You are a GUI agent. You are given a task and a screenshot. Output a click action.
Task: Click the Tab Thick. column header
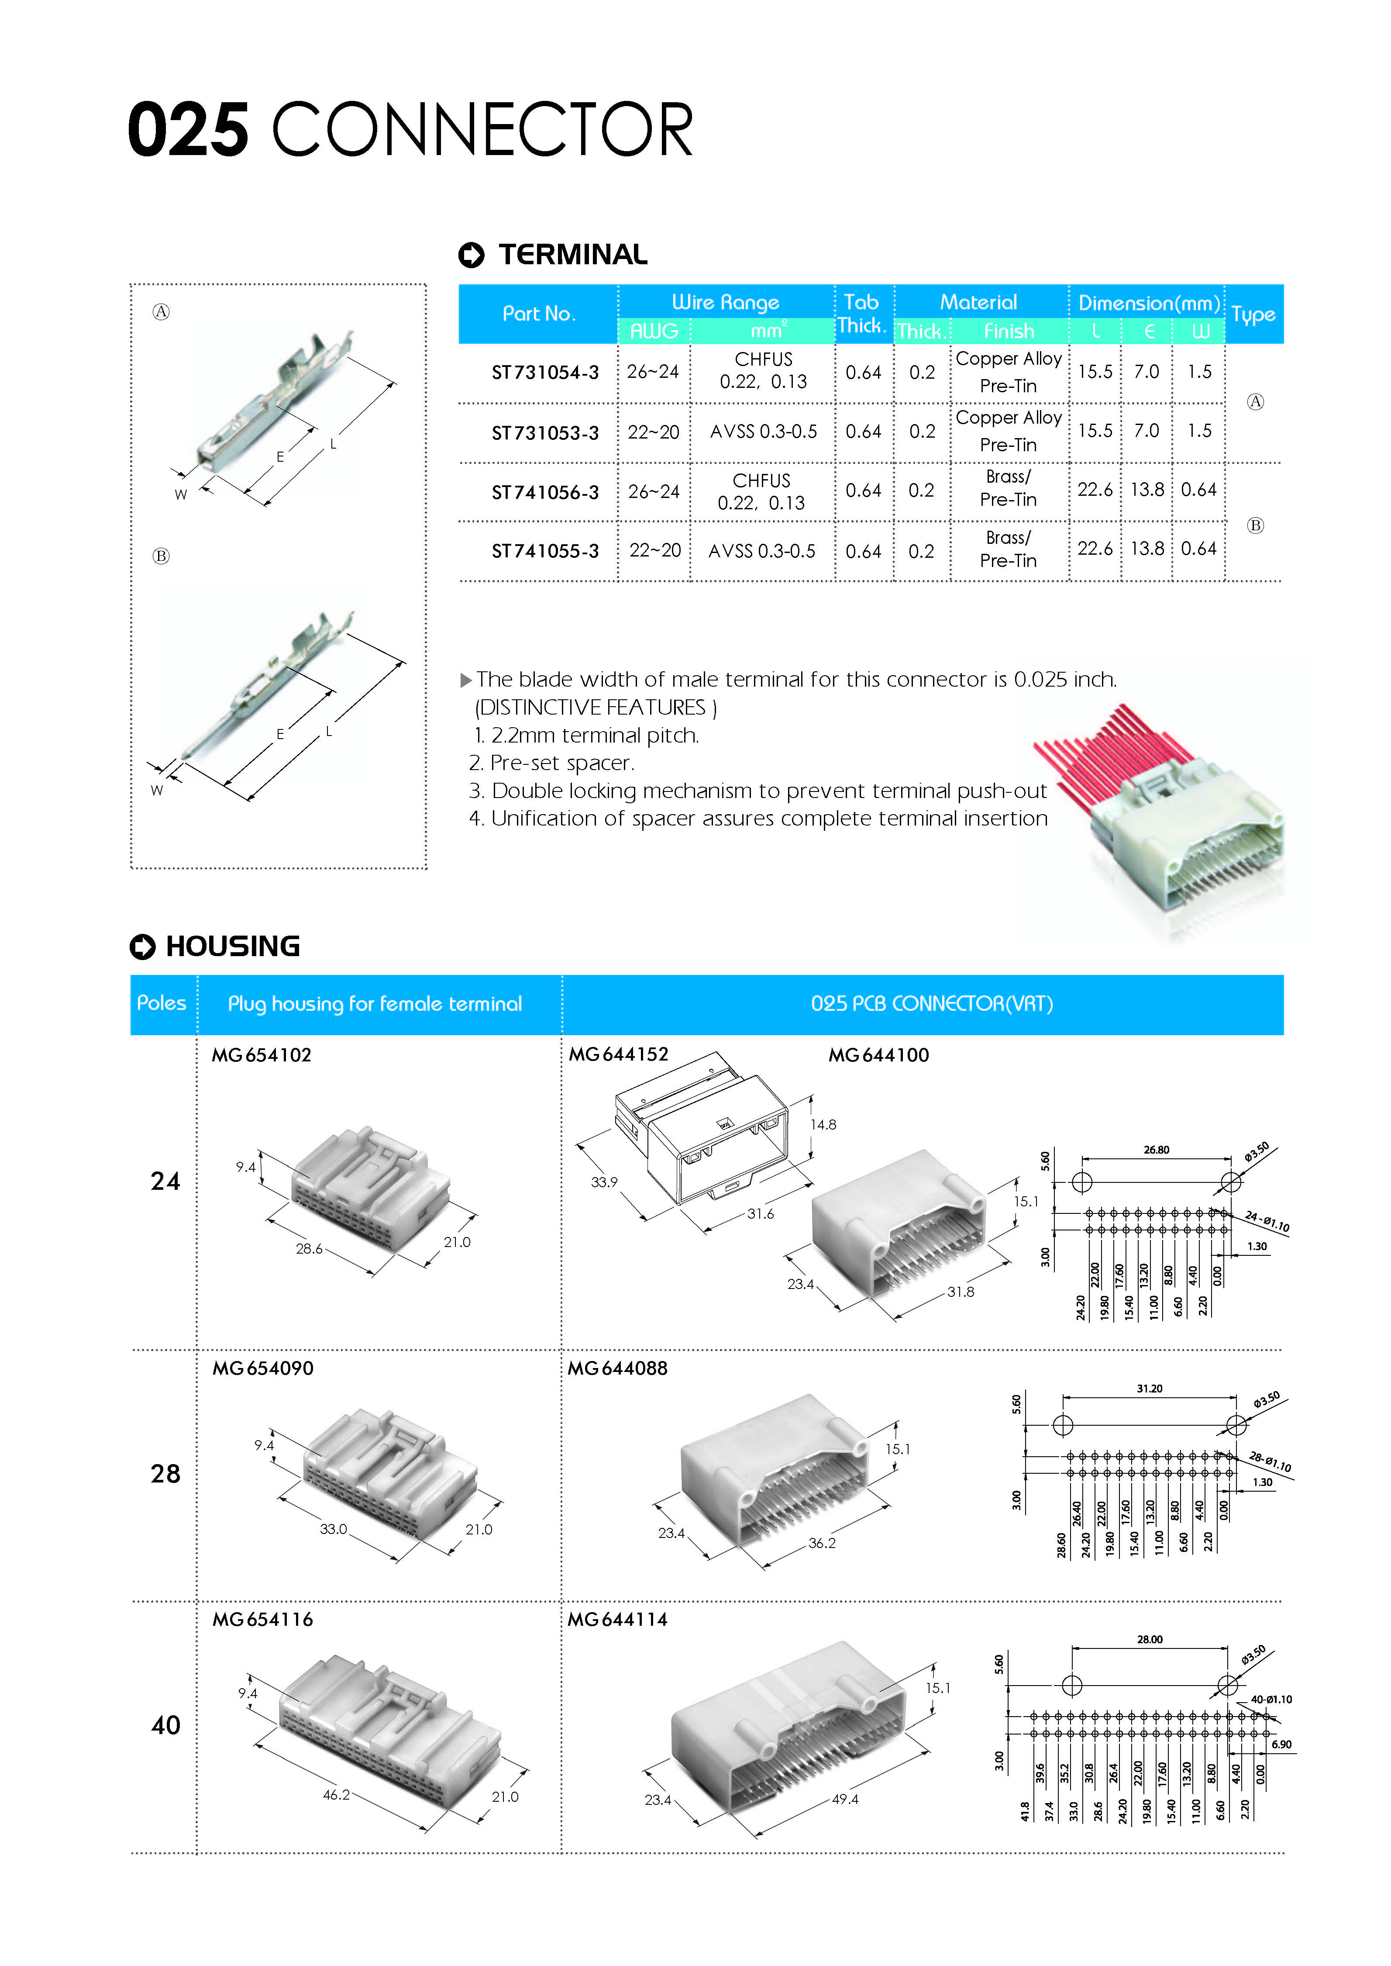tap(862, 314)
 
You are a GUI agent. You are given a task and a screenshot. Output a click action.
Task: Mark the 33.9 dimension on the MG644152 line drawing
tap(604, 1182)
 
